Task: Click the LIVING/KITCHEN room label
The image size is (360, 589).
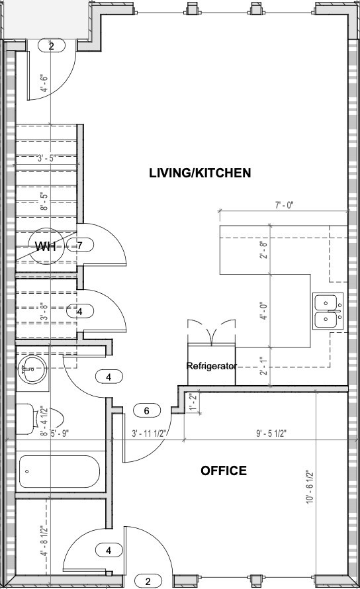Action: [199, 173]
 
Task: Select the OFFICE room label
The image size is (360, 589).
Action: [224, 471]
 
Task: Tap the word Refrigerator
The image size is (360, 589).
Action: [211, 365]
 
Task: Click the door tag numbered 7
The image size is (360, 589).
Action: [79, 246]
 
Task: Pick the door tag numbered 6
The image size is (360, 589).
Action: [147, 411]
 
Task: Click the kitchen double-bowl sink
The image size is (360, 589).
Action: [328, 311]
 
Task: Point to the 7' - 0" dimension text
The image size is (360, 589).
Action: [284, 206]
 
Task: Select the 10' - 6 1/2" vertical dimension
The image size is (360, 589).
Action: [309, 488]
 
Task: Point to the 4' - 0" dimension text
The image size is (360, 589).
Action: [263, 311]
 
